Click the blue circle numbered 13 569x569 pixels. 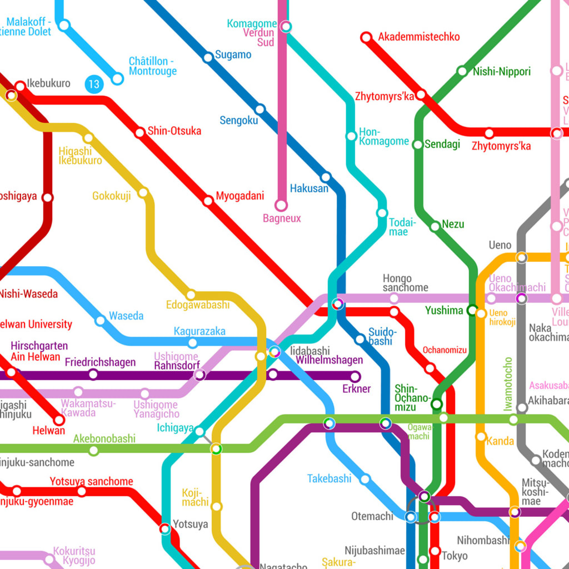point(94,84)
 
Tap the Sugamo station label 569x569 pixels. point(233,55)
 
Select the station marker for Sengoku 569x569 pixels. point(259,109)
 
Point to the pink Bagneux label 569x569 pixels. point(282,218)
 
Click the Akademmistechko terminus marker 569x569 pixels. point(366,38)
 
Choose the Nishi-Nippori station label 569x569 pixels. point(501,72)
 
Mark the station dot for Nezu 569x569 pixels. point(435,226)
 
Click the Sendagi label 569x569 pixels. point(442,144)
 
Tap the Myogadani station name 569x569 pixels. point(239,196)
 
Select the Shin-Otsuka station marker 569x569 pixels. point(140,133)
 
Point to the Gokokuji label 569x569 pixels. point(111,196)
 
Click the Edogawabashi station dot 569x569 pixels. point(191,295)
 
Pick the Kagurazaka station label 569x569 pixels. point(199,331)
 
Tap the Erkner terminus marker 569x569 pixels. point(355,377)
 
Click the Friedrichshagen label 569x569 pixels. point(100,362)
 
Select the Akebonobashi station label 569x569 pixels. point(104,438)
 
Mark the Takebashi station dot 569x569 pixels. point(365,479)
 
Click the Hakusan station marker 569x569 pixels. point(326,178)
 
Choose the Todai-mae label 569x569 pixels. point(398,227)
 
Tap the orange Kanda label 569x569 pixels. point(500,441)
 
